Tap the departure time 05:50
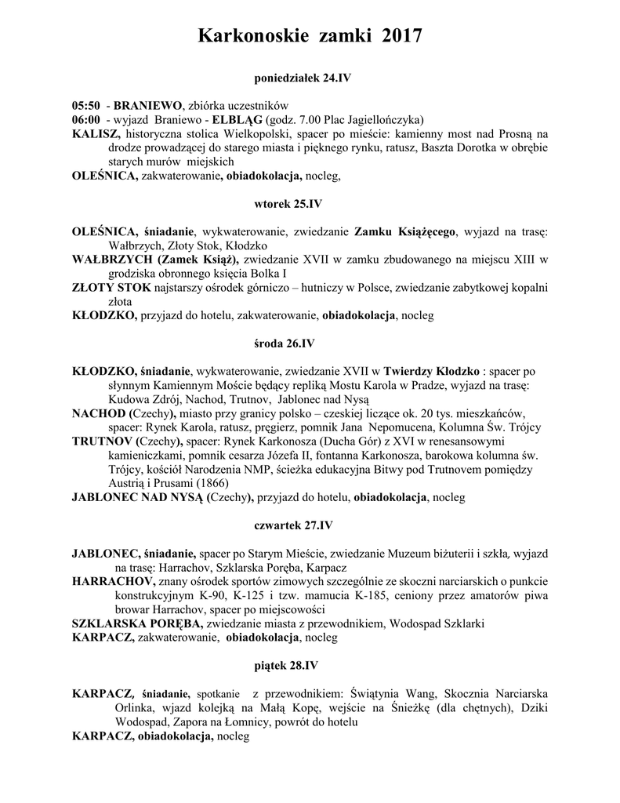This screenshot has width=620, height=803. pyautogui.click(x=85, y=106)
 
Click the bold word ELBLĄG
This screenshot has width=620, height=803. pyautogui.click(x=237, y=120)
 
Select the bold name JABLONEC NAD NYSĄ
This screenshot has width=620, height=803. pyautogui.click(x=137, y=497)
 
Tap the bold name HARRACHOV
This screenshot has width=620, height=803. pyautogui.click(x=112, y=581)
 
